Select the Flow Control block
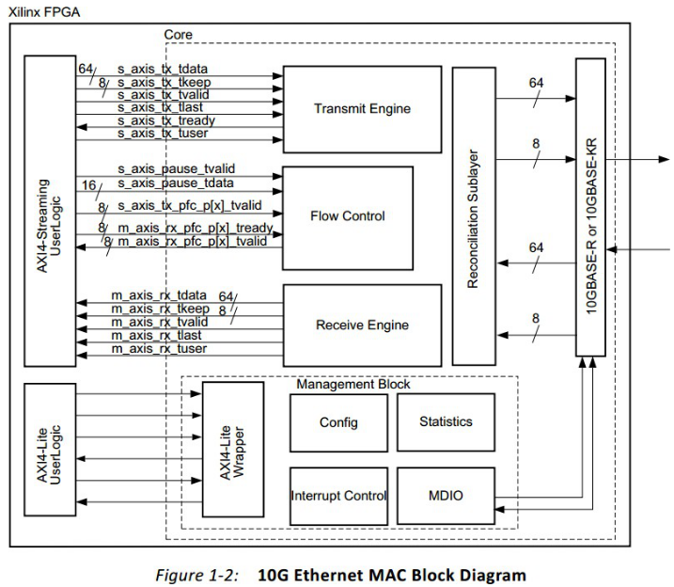pos(347,215)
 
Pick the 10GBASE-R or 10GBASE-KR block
pos(591,207)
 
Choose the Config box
pos(338,422)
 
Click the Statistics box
pos(446,421)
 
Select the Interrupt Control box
pos(338,496)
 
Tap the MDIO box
pos(446,496)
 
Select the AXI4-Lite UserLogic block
pos(50,448)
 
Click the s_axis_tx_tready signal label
pos(166,121)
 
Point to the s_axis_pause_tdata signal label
pos(176,182)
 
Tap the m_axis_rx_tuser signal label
pos(159,349)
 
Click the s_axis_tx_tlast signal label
pos(161,108)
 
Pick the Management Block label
pos(353,384)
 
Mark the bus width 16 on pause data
pos(89,184)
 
